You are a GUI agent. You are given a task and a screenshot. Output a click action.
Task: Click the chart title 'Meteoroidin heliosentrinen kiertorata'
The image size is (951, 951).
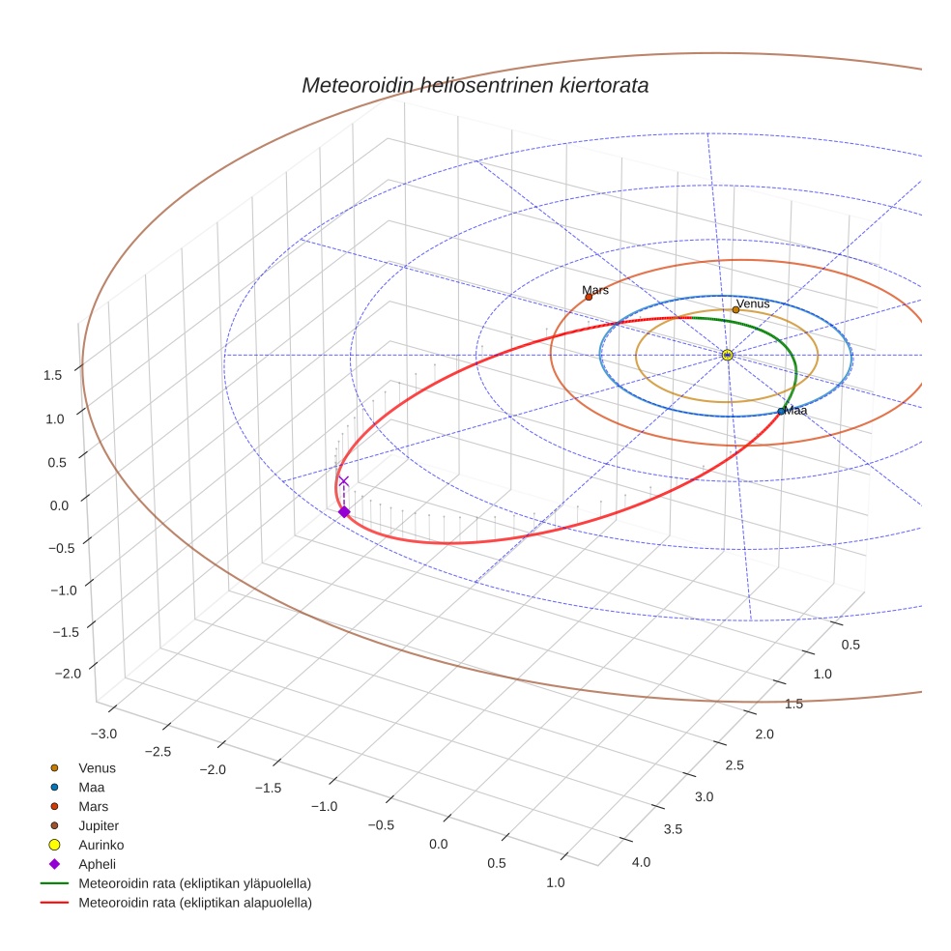point(475,85)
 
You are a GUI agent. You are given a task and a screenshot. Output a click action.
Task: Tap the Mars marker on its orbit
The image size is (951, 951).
point(589,297)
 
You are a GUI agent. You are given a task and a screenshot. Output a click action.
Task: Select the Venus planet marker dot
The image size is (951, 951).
point(735,309)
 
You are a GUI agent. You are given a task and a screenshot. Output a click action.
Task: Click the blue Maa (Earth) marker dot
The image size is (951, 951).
point(781,412)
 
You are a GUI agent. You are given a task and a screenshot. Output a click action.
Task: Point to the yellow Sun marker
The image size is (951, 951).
point(728,356)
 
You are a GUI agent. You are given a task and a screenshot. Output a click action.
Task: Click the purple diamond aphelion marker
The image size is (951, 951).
point(344,511)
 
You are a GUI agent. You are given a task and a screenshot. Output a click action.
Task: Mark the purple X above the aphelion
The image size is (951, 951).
point(343,480)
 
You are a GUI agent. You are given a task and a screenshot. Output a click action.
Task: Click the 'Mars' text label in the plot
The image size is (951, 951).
point(595,290)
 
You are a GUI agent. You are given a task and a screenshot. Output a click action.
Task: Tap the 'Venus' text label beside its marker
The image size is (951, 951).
point(754,303)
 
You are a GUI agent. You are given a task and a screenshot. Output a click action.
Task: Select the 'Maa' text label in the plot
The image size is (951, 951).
point(795,411)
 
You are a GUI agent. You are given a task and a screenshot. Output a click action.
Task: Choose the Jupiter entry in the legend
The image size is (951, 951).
point(99,825)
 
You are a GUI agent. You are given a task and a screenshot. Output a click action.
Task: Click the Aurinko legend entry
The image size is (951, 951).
point(101,845)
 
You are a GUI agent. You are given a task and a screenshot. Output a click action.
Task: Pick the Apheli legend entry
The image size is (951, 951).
point(97,864)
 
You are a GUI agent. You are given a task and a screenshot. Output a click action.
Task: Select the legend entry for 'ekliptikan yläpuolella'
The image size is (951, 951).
point(194,883)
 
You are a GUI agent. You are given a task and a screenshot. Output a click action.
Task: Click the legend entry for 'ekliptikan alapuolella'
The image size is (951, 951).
point(194,903)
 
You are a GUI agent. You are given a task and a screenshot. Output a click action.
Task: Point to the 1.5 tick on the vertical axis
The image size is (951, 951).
point(53,375)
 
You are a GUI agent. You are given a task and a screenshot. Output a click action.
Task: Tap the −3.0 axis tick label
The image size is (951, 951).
point(102,734)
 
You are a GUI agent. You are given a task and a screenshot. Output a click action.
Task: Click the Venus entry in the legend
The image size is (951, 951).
point(97,767)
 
